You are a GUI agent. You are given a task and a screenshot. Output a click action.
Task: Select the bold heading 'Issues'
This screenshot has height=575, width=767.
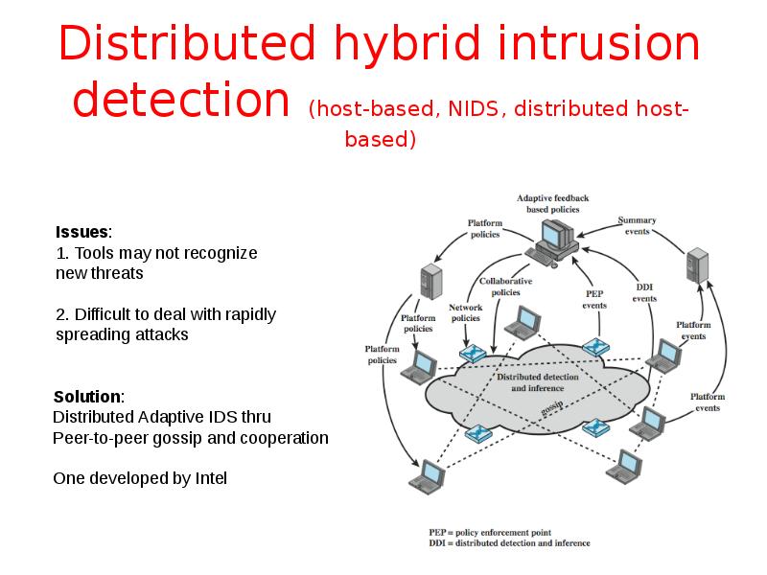pos(82,232)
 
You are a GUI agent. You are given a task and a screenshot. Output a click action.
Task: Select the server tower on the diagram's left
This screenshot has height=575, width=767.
pos(431,281)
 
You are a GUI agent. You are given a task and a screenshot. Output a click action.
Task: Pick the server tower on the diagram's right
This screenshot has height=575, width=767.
pos(697,264)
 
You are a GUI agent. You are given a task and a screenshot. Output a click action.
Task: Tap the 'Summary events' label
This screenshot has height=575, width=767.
pos(636,225)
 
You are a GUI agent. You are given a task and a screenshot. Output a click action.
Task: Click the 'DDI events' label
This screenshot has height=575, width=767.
pos(645,292)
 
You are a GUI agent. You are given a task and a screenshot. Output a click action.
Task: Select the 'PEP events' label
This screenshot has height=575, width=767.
pos(594,300)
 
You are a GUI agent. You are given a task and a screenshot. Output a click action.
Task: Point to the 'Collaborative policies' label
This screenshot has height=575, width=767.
pos(504,287)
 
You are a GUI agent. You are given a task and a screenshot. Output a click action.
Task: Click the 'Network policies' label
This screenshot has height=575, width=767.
pos(465,313)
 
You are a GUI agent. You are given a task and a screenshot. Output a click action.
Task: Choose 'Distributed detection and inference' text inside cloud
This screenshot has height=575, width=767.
pos(537,382)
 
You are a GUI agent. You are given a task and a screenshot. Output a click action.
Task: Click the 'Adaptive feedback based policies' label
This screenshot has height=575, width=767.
pos(552,203)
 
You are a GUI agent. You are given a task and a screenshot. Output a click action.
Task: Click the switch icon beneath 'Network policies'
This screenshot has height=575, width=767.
pos(473,352)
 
